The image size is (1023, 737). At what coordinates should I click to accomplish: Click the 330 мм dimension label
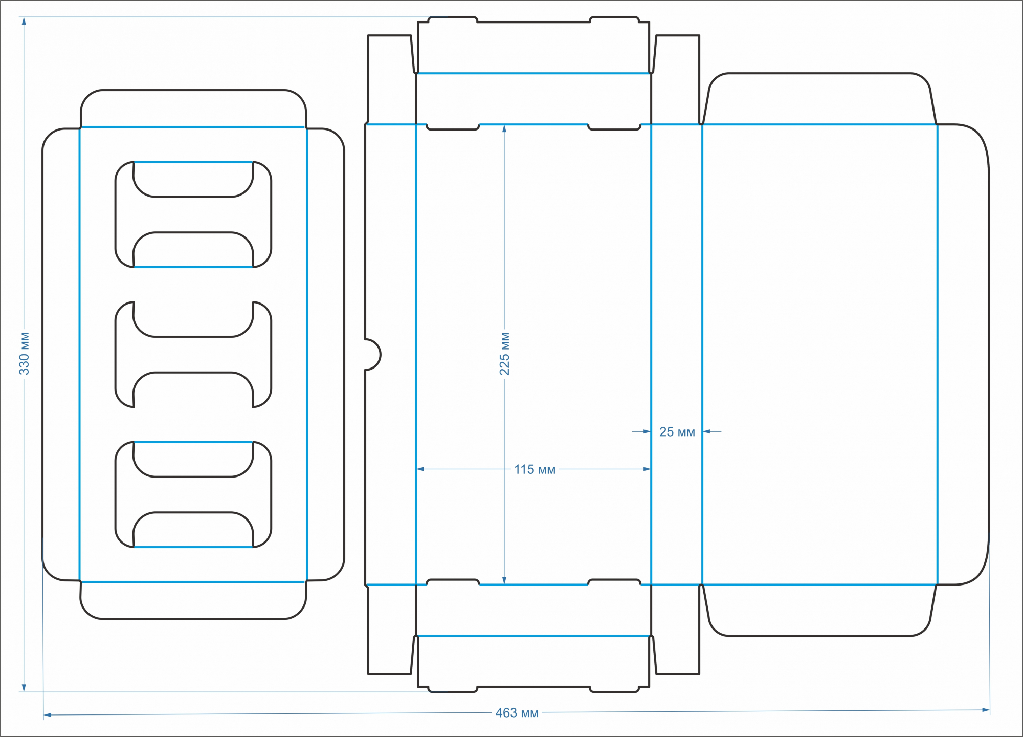(24, 354)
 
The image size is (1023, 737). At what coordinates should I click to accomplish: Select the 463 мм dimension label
(517, 713)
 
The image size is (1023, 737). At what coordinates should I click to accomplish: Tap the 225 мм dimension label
(504, 354)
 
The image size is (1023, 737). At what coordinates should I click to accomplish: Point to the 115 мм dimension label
(535, 469)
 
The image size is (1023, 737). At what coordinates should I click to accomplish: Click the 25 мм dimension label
(677, 432)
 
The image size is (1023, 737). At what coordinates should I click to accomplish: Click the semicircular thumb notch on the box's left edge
(372, 354)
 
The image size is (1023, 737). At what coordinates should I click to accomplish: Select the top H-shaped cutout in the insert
(193, 214)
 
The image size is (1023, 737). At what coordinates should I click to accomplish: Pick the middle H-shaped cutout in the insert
(193, 355)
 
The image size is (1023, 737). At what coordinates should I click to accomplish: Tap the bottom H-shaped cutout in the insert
(193, 494)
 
